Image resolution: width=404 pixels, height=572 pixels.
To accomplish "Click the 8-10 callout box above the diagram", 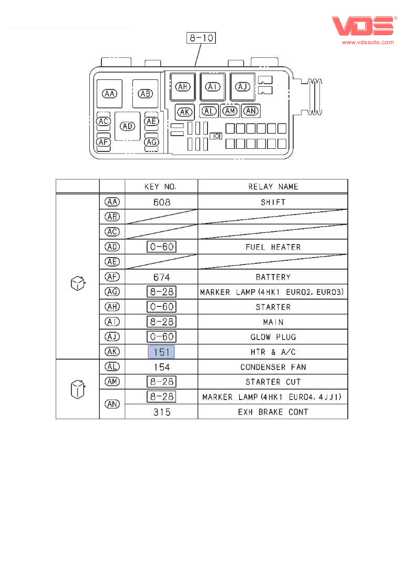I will pyautogui.click(x=202, y=38).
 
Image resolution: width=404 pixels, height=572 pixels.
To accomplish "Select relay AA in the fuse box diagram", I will pyautogui.click(x=110, y=94).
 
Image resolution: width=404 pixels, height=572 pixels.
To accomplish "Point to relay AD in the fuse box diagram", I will pyautogui.click(x=128, y=126).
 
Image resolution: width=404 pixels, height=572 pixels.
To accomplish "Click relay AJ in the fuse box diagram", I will pyautogui.click(x=243, y=87).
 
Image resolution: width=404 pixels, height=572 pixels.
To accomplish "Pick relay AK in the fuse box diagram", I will pyautogui.click(x=184, y=112).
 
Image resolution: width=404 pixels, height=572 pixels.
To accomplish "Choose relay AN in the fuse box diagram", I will pyautogui.click(x=251, y=111).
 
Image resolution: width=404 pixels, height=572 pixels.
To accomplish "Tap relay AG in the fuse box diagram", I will pyautogui.click(x=151, y=142).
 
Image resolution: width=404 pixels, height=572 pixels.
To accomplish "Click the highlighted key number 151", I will pyautogui.click(x=162, y=352).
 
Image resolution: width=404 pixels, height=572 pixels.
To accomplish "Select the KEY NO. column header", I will pyautogui.click(x=161, y=187).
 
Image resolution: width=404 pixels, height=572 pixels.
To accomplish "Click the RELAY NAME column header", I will pyautogui.click(x=273, y=187).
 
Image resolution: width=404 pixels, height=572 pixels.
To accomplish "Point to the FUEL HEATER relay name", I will pyautogui.click(x=273, y=247).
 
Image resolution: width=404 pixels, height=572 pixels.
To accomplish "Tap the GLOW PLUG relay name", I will pyautogui.click(x=273, y=337).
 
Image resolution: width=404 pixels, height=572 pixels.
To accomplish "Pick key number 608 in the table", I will pyautogui.click(x=161, y=202).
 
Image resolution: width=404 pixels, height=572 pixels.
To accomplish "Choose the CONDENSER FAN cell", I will pyautogui.click(x=273, y=367).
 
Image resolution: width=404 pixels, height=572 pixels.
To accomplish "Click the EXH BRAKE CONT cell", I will pyautogui.click(x=273, y=412).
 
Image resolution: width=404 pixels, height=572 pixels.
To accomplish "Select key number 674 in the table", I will pyautogui.click(x=161, y=277).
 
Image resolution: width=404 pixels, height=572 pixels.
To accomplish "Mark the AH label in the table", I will pyautogui.click(x=112, y=307).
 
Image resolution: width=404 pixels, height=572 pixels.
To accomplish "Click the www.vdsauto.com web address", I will pyautogui.click(x=368, y=43).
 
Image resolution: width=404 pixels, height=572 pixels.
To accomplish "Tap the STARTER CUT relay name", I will pyautogui.click(x=273, y=382).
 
